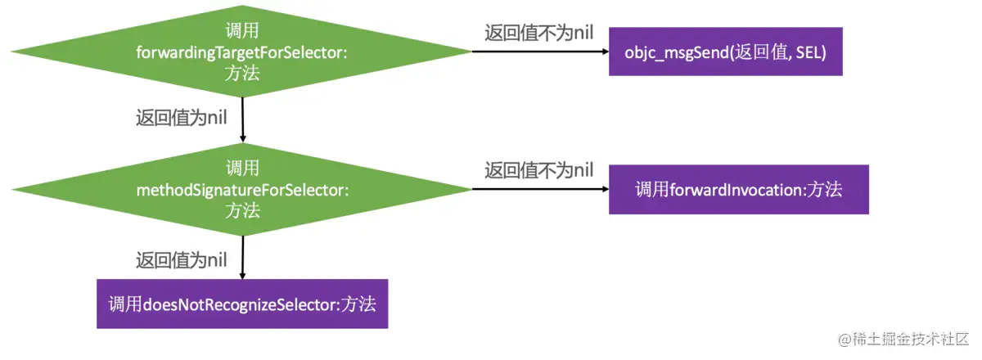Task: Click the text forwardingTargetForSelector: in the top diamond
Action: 242,52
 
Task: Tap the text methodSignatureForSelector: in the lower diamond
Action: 242,190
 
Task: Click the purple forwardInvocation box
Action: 738,189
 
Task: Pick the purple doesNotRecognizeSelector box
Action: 242,304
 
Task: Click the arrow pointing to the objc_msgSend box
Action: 540,52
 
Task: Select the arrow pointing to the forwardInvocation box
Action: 540,189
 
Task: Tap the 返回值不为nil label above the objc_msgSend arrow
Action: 538,32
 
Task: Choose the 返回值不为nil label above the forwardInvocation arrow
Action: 538,170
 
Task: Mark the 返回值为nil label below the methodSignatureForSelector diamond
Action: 181,260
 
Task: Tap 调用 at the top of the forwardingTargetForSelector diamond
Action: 242,31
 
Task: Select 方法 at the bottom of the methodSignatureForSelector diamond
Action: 242,210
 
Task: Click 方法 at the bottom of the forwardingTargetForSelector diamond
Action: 242,73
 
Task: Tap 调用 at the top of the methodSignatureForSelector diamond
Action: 242,169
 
